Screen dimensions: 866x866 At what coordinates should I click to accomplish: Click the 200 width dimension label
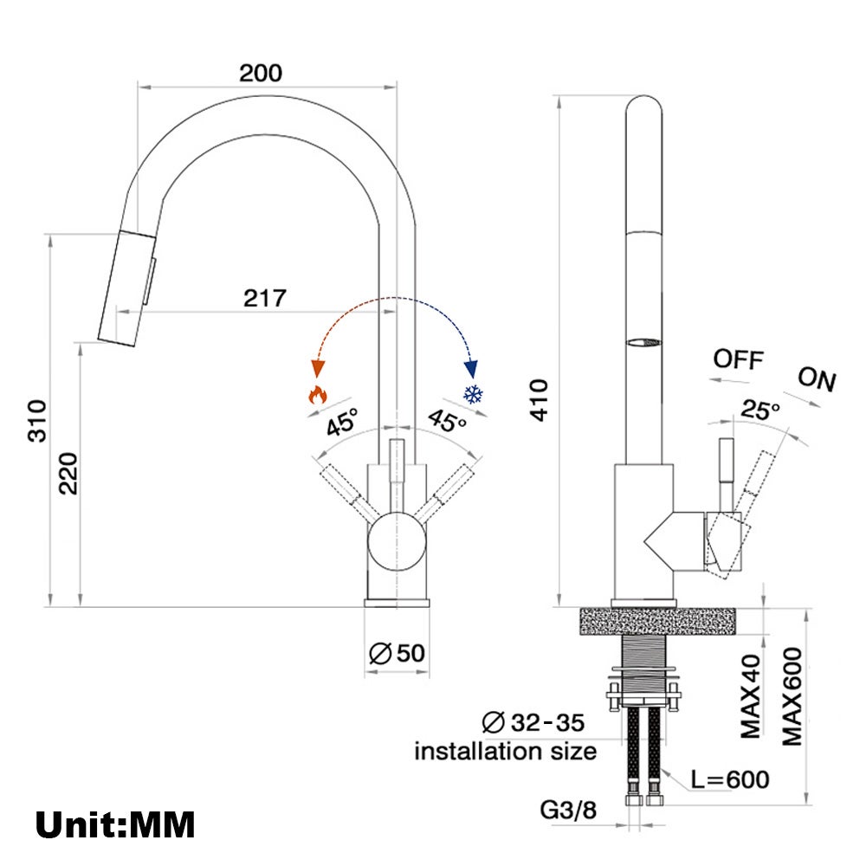(261, 73)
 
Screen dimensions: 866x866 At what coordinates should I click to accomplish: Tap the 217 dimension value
(265, 298)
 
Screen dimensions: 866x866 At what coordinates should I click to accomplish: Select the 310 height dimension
(37, 420)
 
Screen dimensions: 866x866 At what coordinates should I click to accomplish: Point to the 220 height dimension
(68, 474)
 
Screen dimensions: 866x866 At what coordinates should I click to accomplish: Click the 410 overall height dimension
(539, 400)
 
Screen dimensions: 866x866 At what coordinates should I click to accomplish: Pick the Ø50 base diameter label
(397, 653)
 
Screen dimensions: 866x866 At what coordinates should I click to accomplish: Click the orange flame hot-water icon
(318, 394)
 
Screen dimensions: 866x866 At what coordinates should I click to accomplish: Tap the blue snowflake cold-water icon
(474, 394)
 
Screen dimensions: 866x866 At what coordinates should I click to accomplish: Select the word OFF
(739, 359)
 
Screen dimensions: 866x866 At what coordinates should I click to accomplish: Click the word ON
(817, 379)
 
